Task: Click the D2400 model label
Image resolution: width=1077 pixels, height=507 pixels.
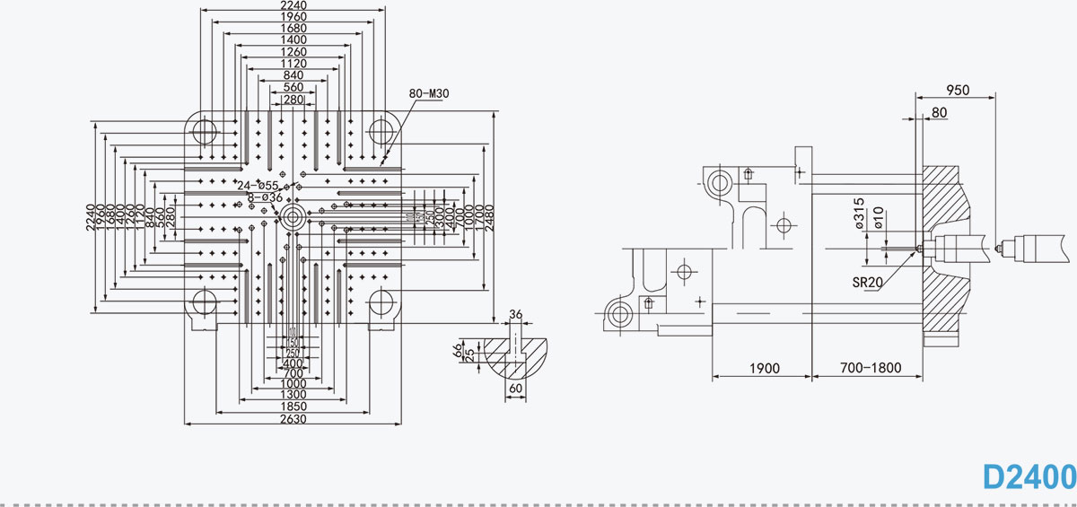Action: (1029, 476)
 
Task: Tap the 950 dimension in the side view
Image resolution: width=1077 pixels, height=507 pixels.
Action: (958, 90)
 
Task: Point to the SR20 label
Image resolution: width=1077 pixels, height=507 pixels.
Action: (868, 281)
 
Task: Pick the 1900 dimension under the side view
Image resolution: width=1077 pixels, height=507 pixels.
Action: (763, 368)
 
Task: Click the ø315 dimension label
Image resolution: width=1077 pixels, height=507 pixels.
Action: (859, 214)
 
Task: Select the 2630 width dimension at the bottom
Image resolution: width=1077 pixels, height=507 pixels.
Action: (293, 418)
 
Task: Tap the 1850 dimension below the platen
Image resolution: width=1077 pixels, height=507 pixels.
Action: (293, 406)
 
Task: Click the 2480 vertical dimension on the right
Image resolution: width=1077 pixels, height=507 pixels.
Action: (489, 215)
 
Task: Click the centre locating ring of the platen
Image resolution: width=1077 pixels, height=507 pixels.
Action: (293, 214)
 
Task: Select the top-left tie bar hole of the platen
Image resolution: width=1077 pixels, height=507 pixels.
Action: (204, 131)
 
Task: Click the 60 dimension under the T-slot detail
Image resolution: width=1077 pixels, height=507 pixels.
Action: (515, 389)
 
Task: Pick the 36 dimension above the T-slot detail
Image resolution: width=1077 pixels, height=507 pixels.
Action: (515, 314)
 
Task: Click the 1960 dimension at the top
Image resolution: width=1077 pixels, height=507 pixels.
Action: (293, 16)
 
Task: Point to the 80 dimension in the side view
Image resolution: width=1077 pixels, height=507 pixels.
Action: (939, 112)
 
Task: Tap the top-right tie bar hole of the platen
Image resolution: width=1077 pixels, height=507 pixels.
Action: (382, 131)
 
